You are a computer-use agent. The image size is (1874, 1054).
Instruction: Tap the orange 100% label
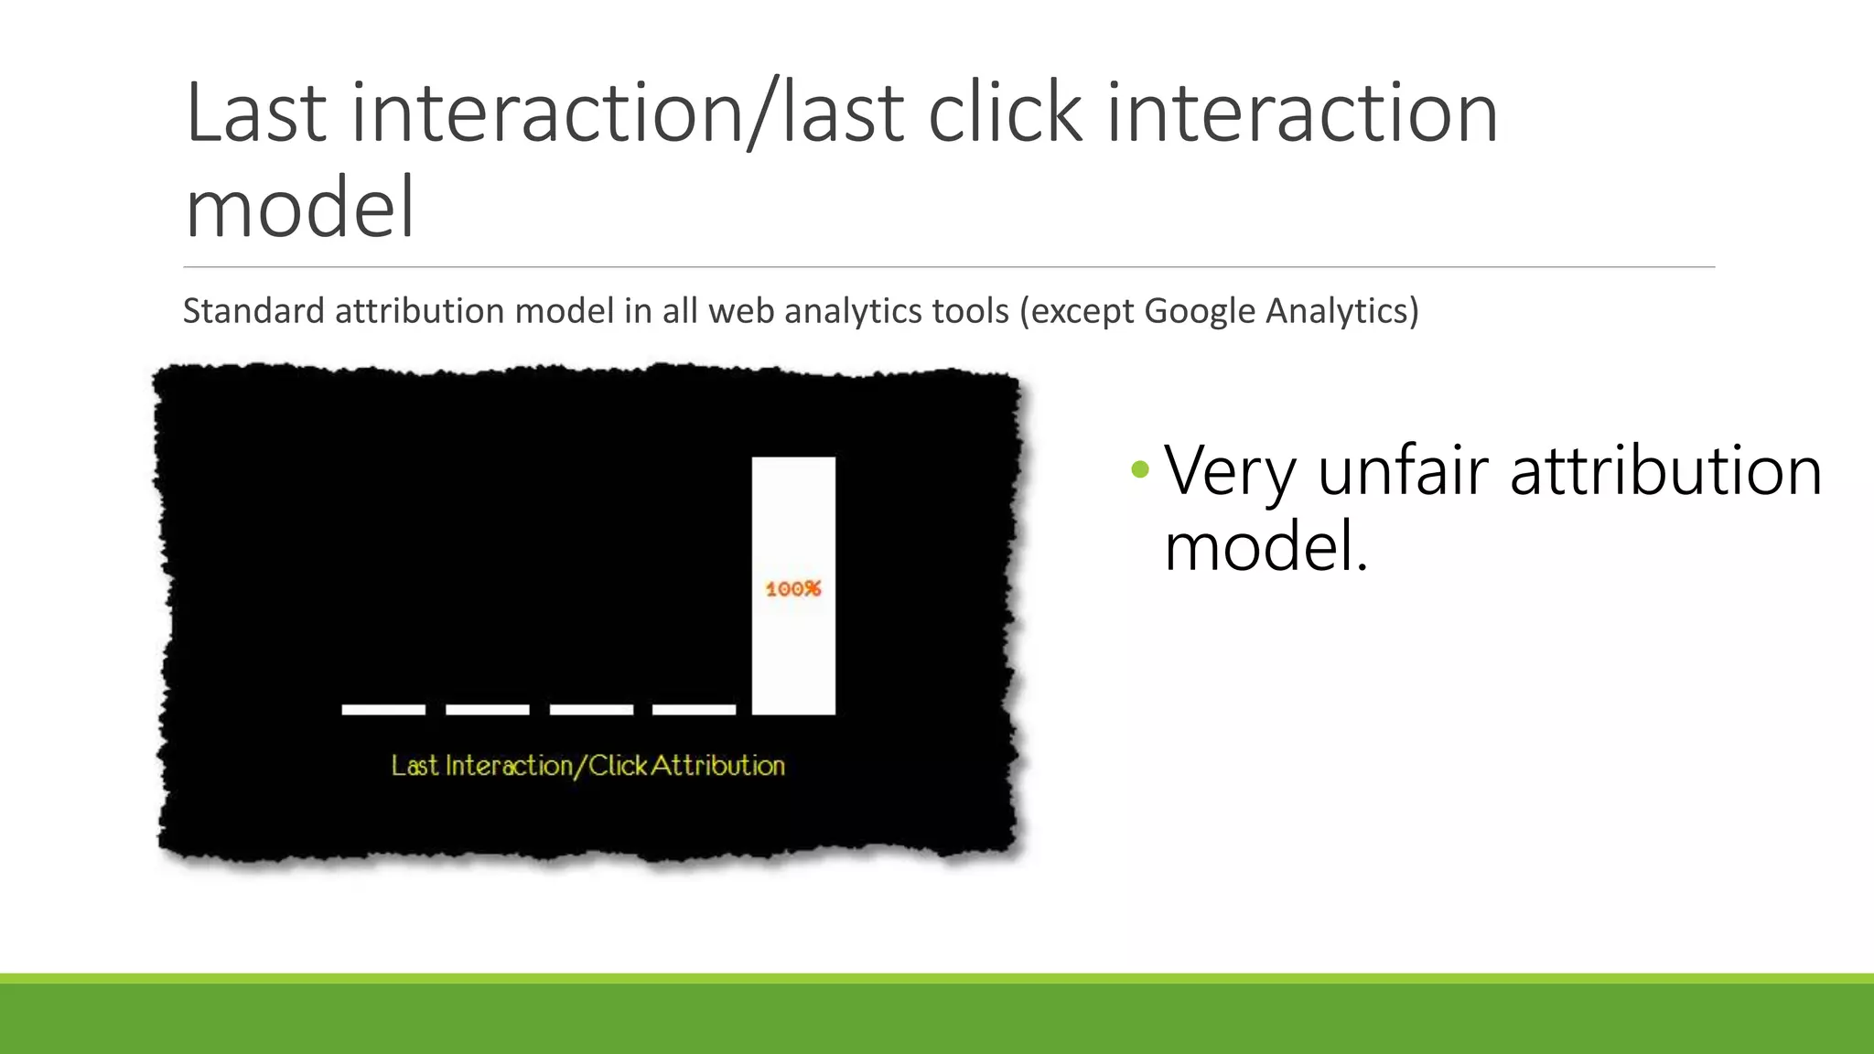(x=793, y=589)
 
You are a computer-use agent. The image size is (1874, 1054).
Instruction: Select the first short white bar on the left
(x=383, y=709)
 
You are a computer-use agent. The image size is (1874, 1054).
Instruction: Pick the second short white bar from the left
(x=487, y=709)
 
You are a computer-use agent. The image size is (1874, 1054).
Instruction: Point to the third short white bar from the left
(x=591, y=709)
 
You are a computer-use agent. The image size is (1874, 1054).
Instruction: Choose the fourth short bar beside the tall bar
(x=694, y=709)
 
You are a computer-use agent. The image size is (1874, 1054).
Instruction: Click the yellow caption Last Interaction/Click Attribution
(x=588, y=766)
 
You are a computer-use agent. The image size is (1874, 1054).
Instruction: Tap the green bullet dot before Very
(x=1139, y=470)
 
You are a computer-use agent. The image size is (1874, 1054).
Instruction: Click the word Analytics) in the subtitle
(x=1342, y=312)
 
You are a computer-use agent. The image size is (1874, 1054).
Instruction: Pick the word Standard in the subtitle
(x=253, y=312)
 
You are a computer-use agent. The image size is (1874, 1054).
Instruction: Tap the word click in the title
(x=1006, y=113)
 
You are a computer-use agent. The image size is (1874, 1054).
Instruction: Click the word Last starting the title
(x=256, y=113)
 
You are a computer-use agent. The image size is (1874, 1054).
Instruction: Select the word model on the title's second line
(x=300, y=208)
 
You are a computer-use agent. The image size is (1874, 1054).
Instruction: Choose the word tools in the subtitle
(x=971, y=312)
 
